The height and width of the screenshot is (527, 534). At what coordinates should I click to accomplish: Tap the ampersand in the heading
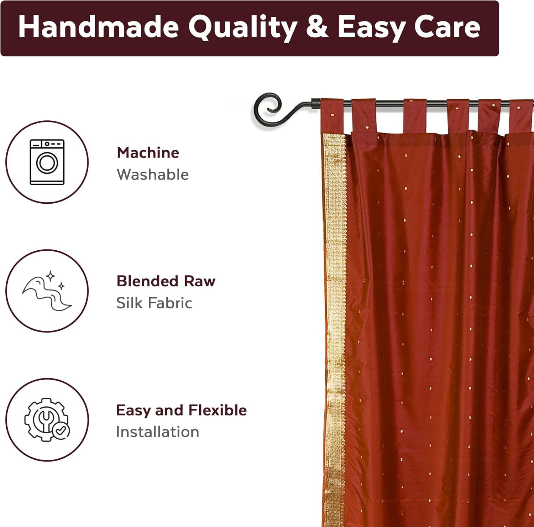[316, 27]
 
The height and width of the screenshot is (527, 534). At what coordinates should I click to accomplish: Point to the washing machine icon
[47, 162]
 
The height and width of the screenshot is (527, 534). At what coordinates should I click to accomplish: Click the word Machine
[148, 153]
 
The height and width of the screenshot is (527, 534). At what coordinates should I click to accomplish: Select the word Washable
[152, 175]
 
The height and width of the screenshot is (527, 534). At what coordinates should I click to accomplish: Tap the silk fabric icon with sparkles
[47, 291]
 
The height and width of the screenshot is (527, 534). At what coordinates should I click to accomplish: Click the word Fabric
[170, 303]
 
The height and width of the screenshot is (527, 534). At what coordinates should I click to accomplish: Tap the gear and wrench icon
[46, 419]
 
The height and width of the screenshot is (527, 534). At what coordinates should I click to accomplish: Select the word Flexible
[218, 410]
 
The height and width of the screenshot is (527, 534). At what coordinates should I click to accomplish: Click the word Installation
[157, 432]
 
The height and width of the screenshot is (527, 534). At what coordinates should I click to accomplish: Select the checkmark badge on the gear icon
[61, 431]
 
